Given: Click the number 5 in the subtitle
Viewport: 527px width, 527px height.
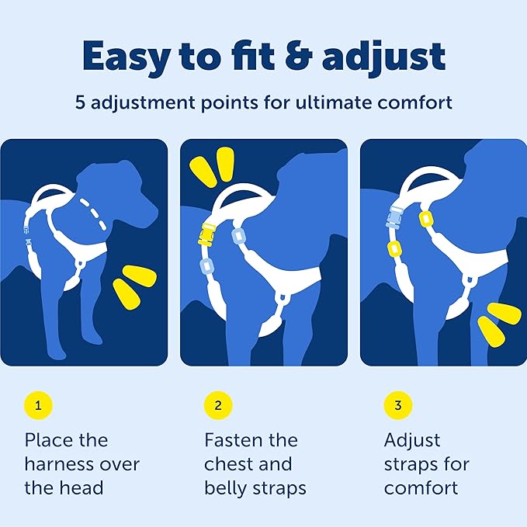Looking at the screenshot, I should [x=80, y=103].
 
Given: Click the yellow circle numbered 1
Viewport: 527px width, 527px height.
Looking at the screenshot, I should [x=38, y=404].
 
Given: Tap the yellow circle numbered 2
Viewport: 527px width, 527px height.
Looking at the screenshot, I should [x=218, y=404].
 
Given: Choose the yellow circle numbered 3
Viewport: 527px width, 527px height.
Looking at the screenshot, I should [x=398, y=404].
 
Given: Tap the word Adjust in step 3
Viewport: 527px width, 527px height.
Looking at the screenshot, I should [x=412, y=440].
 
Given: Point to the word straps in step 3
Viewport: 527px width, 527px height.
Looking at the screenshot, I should [x=410, y=464].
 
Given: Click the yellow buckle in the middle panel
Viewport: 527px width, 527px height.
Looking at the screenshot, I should [x=207, y=234].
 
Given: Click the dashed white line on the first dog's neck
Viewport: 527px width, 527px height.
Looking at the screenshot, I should [x=97, y=213].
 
